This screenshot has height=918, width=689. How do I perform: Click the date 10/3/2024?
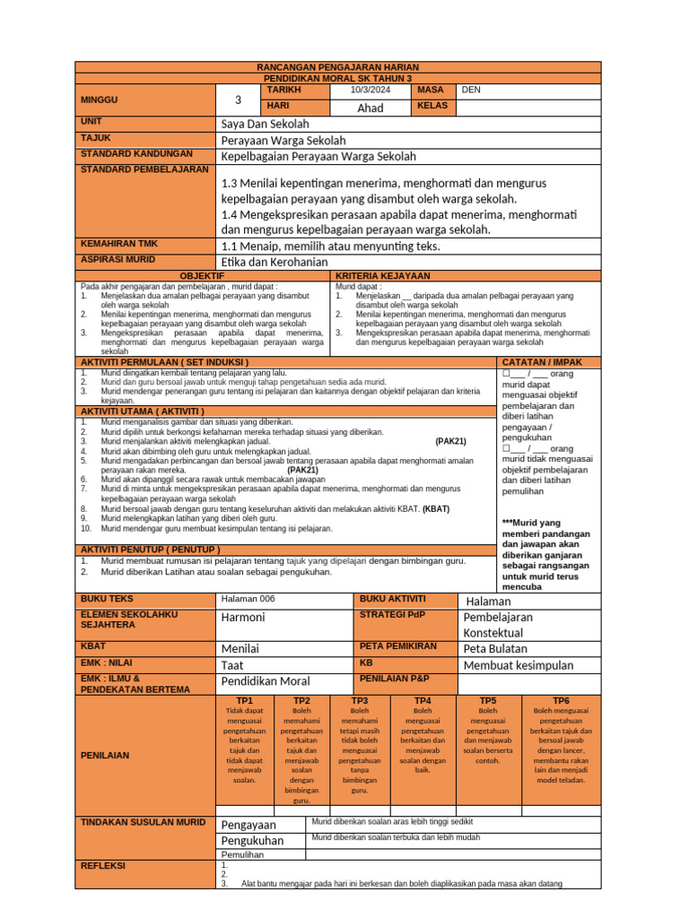point(371,90)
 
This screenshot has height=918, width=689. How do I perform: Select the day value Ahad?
point(370,108)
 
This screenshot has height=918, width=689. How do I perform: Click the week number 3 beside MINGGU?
point(238,100)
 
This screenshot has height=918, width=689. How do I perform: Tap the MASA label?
point(430,90)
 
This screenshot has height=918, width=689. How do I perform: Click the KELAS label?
point(432,107)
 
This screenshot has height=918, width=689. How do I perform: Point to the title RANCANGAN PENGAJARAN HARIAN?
point(337,67)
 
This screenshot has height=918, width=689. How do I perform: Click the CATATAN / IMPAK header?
point(542,361)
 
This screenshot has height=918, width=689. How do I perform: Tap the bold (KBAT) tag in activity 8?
point(436,508)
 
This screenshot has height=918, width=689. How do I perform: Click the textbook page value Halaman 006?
point(249,599)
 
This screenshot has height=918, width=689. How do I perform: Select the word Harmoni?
point(243,618)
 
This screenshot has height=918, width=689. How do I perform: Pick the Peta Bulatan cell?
point(495,648)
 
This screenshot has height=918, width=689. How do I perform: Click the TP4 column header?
point(422,700)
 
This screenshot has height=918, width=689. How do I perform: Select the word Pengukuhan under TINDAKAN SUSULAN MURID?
point(252,841)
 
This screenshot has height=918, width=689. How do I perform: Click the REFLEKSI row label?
point(103,866)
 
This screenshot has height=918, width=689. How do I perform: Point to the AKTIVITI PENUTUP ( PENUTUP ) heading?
point(151,549)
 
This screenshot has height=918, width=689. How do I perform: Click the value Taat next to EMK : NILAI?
point(232,665)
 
